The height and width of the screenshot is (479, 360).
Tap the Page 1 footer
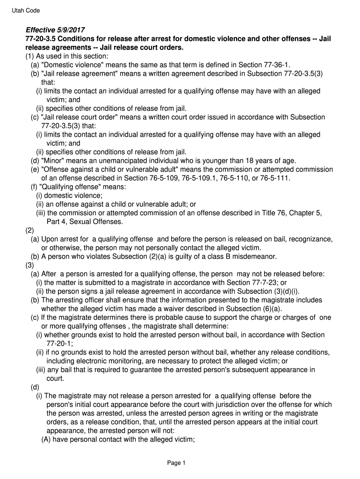177,463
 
